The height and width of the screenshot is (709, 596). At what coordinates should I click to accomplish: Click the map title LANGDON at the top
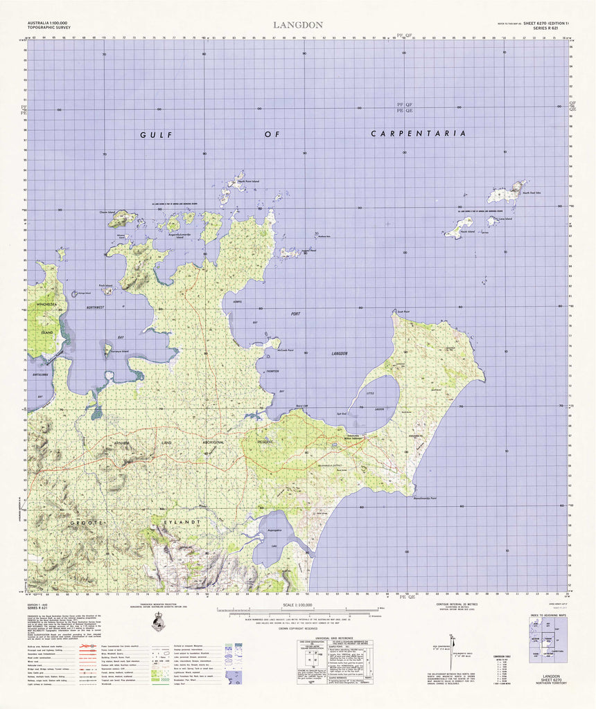(x=297, y=25)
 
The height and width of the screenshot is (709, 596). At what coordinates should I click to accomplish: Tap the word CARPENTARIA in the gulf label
(x=417, y=133)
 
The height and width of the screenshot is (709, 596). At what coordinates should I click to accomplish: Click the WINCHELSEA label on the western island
(x=47, y=323)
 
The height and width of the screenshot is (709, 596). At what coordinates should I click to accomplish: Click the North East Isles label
(x=531, y=193)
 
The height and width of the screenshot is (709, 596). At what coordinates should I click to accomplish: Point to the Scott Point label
(x=403, y=312)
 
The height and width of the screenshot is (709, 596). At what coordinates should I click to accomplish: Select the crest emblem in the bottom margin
(x=159, y=622)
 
